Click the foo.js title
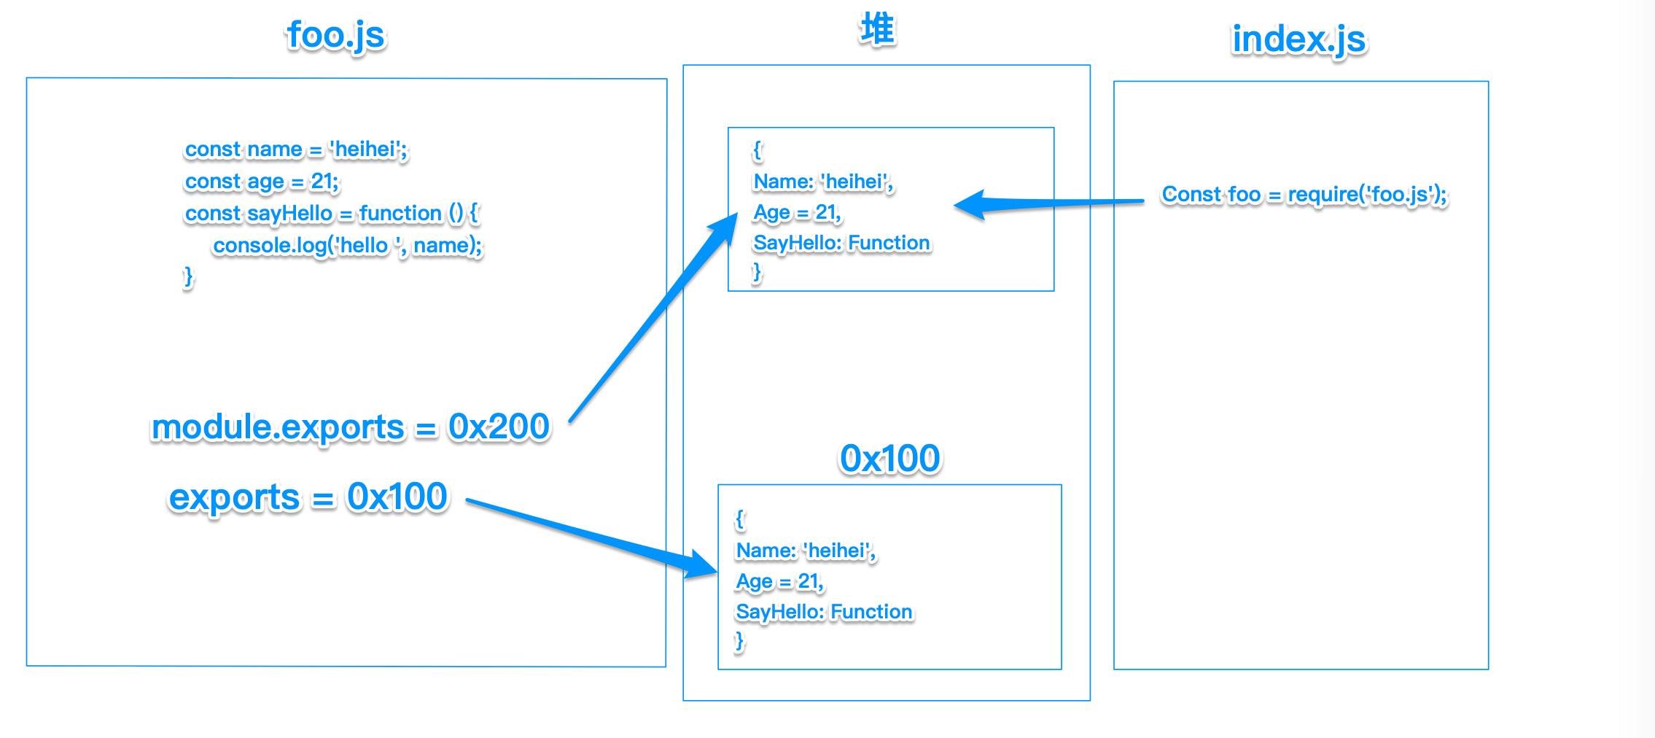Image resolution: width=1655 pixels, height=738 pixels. pyautogui.click(x=335, y=35)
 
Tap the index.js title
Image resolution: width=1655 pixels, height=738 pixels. pyautogui.click(x=1298, y=39)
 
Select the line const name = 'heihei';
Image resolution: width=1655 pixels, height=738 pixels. pyautogui.click(x=296, y=149)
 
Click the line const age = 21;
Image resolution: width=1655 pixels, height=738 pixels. pyautogui.click(x=262, y=182)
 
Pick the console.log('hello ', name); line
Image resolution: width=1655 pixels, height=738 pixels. pyautogui.click(x=347, y=246)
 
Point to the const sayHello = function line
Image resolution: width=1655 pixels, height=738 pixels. pyautogui.click(x=331, y=214)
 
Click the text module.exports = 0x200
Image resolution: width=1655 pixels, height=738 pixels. pyautogui.click(x=350, y=427)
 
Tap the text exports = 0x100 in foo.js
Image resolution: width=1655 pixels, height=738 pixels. pyautogui.click(x=308, y=497)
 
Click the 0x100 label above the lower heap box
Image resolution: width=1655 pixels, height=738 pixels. pyautogui.click(x=889, y=459)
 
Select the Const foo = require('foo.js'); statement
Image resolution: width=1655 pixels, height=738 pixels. pyautogui.click(x=1304, y=195)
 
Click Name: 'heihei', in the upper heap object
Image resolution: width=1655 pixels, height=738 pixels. pyautogui.click(x=823, y=182)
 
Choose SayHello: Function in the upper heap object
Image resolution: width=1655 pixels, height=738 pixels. pyautogui.click(x=841, y=243)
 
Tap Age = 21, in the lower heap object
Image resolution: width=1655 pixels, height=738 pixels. pyautogui.click(x=779, y=582)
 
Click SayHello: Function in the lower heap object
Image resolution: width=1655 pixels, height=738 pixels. pyautogui.click(x=824, y=612)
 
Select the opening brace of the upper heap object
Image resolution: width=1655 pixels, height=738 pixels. pyautogui.click(x=758, y=151)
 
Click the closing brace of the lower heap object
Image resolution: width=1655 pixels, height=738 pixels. pyautogui.click(x=740, y=641)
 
